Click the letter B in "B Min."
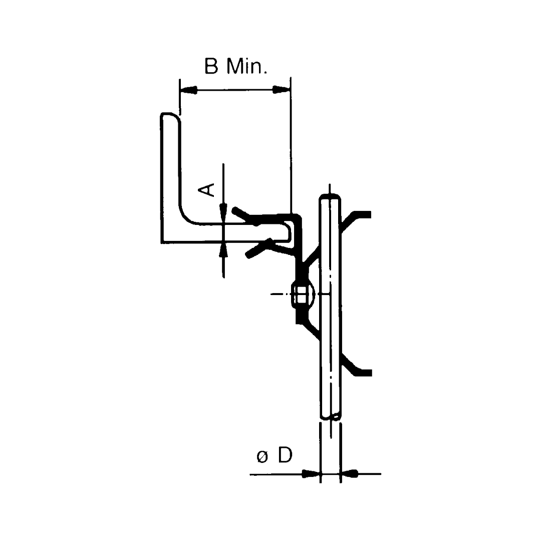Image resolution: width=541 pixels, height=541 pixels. [x=211, y=66]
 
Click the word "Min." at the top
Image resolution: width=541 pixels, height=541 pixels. [x=247, y=66]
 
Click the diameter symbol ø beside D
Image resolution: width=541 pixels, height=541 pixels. [x=262, y=457]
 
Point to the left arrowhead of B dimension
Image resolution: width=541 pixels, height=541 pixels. [x=188, y=90]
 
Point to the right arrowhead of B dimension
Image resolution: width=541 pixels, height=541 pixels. [x=282, y=90]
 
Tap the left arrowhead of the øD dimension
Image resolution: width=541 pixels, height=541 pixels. [x=311, y=474]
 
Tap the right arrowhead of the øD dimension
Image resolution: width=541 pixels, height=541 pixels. [x=349, y=474]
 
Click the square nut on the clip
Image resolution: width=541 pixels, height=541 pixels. [x=302, y=295]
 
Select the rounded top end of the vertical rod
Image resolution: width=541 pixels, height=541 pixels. [x=330, y=197]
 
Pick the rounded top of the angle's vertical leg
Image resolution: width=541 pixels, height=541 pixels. [x=170, y=116]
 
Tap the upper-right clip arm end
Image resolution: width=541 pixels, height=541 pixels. [x=367, y=214]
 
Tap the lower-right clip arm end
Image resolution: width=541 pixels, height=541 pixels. [x=368, y=372]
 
